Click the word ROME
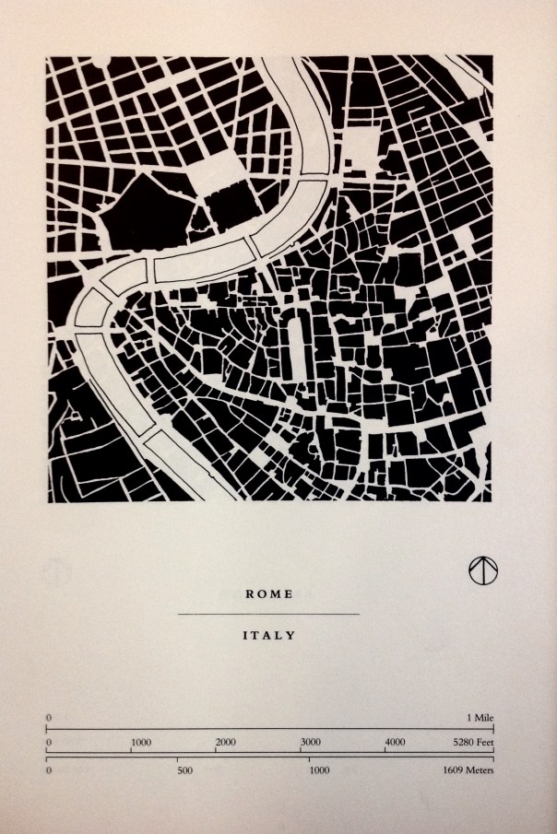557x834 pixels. tap(268, 594)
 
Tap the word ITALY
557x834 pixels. tap(268, 635)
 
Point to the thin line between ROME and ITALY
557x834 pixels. tap(268, 614)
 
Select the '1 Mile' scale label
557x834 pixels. tap(480, 717)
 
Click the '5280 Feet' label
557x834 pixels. tap(472, 742)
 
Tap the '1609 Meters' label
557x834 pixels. tap(469, 769)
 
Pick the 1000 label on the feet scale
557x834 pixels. tap(141, 742)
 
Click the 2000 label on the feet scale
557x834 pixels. tap(226, 742)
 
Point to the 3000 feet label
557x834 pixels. tap(311, 742)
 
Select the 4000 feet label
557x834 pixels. tap(395, 742)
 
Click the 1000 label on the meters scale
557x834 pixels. tap(320, 769)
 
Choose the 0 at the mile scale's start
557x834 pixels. tap(48, 717)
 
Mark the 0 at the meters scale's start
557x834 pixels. tap(48, 769)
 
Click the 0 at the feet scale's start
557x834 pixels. tap(48, 742)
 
